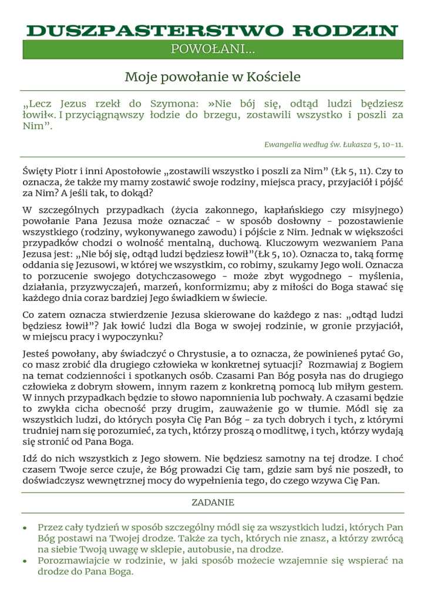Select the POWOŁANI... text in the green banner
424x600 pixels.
tap(213, 50)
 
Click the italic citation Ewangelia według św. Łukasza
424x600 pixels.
tap(321, 144)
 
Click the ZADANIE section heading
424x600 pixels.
tap(213, 503)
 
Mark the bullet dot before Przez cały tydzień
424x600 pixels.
tap(25, 528)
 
